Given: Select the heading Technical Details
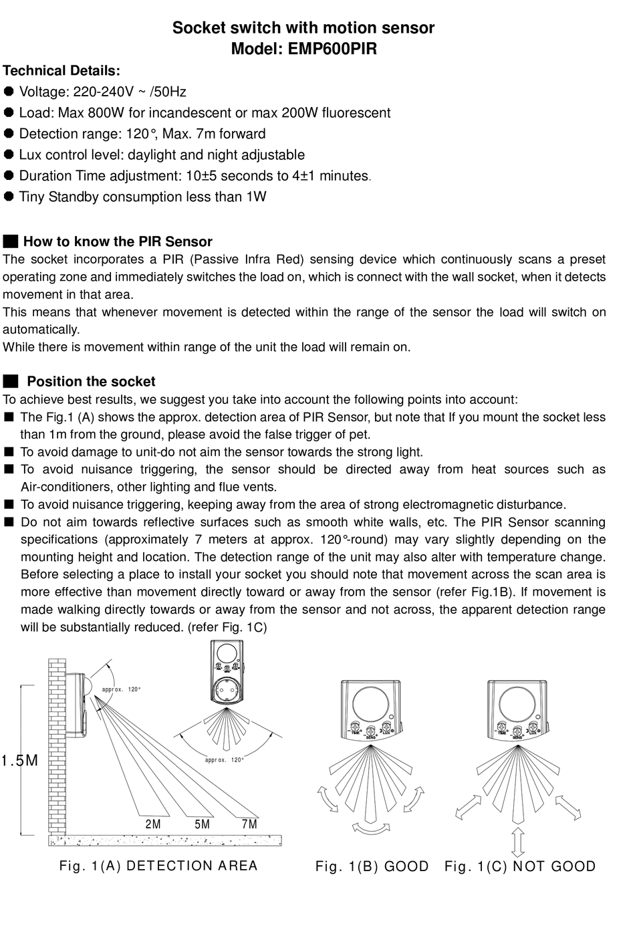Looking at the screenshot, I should (x=61, y=71).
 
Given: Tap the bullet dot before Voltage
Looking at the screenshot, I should (x=9, y=92).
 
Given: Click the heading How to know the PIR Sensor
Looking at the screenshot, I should (x=118, y=242).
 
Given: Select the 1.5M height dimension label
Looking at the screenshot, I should (x=19, y=761).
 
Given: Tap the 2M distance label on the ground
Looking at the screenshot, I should (x=153, y=824).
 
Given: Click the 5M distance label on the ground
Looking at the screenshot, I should (x=202, y=824).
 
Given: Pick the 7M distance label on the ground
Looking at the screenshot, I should (x=249, y=824).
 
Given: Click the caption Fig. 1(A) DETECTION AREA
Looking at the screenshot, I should (x=158, y=866).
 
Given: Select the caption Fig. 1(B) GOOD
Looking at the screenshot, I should (x=372, y=866).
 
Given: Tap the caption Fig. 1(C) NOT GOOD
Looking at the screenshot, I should (x=520, y=866).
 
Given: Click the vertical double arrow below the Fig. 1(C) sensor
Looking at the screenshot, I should (x=517, y=842).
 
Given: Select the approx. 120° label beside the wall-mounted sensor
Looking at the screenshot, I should (x=122, y=689).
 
